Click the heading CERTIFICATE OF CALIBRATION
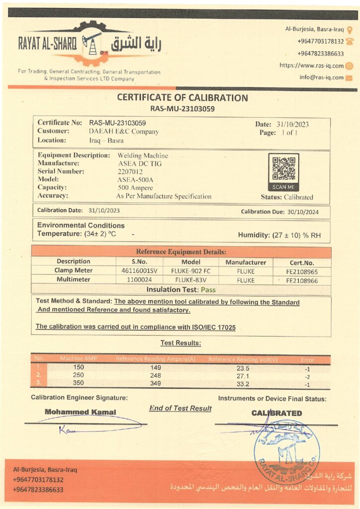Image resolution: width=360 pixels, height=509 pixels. click(182, 97)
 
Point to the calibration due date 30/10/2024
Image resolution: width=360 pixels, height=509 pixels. click(302, 212)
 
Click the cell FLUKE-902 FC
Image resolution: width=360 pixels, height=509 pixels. click(191, 271)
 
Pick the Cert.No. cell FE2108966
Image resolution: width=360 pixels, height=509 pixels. click(302, 280)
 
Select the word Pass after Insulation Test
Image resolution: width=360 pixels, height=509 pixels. click(208, 289)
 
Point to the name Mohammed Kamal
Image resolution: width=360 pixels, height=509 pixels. click(81, 412)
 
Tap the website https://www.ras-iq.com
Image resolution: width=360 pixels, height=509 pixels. click(311, 65)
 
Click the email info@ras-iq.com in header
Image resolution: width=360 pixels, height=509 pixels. click(321, 77)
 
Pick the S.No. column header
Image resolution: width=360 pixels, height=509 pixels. click(140, 261)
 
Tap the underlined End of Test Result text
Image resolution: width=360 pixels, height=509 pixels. click(180, 408)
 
